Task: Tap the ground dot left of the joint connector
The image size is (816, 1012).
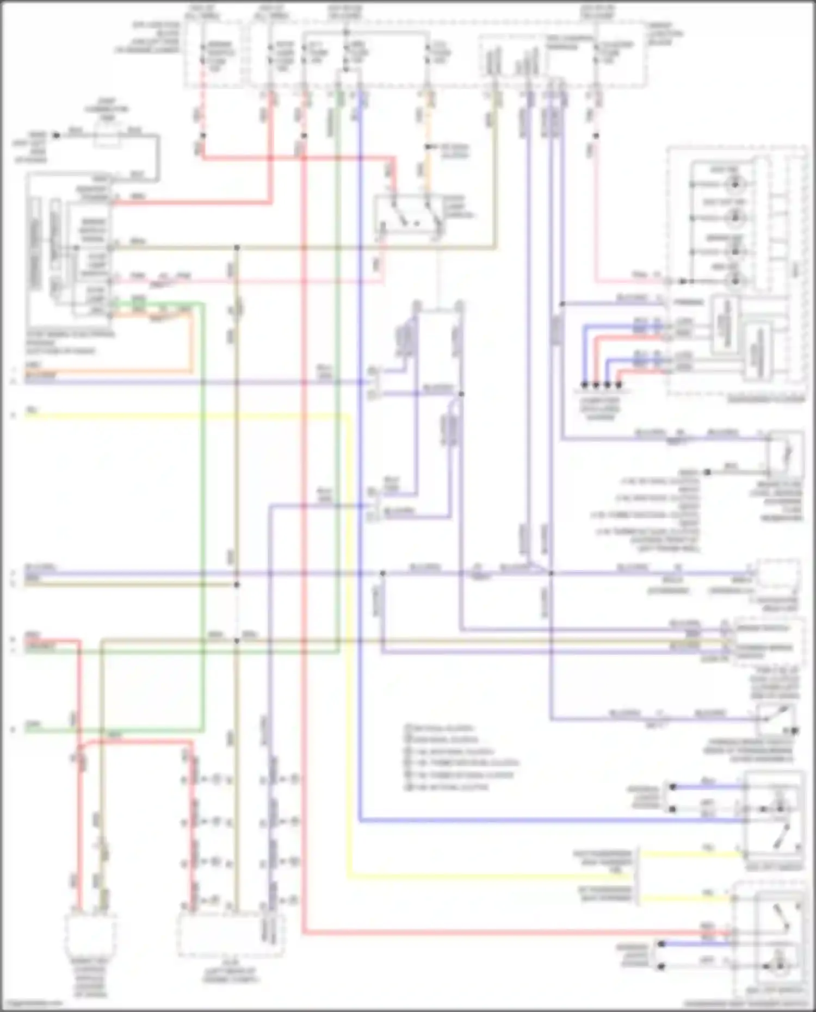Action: [x=55, y=135]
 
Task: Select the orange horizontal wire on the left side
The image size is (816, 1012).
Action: [x=109, y=372]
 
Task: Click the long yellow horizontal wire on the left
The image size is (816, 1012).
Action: [x=185, y=416]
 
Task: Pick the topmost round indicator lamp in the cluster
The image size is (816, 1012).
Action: [x=735, y=184]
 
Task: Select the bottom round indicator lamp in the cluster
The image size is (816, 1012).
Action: [x=735, y=281]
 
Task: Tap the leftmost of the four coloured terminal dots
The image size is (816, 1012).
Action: [x=584, y=384]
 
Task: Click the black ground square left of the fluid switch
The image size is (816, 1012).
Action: [x=707, y=472]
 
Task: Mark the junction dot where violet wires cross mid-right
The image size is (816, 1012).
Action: [x=551, y=573]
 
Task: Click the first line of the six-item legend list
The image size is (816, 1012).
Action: [x=441, y=728]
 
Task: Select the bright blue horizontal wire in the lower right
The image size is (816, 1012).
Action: [x=544, y=820]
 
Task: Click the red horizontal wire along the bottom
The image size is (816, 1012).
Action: [x=490, y=933]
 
